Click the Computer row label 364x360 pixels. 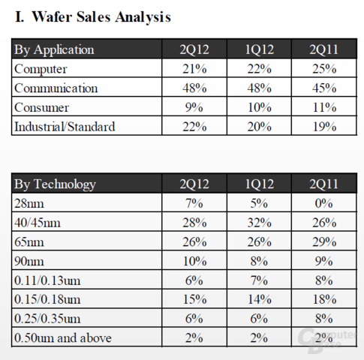coord(41,69)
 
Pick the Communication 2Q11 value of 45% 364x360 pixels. coord(324,88)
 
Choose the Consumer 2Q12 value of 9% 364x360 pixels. coord(194,107)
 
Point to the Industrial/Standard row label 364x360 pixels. coord(65,127)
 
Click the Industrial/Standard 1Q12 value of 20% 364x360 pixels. coord(260,127)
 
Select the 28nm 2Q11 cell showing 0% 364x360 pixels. coord(324,203)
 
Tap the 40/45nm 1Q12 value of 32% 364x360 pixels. coord(260,223)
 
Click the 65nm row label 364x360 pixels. coord(29,242)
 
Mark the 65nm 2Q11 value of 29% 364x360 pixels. coord(324,242)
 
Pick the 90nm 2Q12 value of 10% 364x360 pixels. coord(194,261)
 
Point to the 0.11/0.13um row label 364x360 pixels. coord(47,280)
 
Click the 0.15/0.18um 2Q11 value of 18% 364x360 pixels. coord(324,299)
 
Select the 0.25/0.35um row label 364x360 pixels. coord(47,319)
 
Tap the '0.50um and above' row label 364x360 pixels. coord(63,338)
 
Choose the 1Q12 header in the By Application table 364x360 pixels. coord(260,49)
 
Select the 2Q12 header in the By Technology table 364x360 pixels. coord(194,184)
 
